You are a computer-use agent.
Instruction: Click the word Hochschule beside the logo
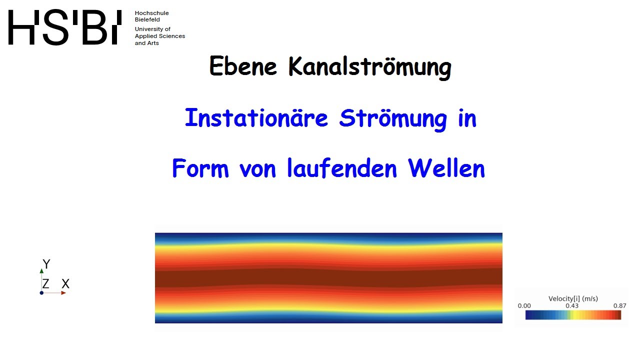point(151,13)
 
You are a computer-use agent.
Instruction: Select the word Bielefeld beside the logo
point(147,19)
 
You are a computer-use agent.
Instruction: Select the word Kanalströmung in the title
point(369,67)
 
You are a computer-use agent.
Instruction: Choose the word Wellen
point(447,168)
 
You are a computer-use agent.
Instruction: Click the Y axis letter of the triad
point(46,264)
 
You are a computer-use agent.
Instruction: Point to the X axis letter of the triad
point(65,284)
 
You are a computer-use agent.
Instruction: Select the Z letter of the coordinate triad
point(45,284)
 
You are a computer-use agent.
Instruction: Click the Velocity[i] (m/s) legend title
point(573,298)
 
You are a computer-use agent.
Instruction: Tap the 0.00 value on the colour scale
point(524,305)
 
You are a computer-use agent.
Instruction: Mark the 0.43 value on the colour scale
point(572,305)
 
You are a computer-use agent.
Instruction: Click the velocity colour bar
point(573,315)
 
